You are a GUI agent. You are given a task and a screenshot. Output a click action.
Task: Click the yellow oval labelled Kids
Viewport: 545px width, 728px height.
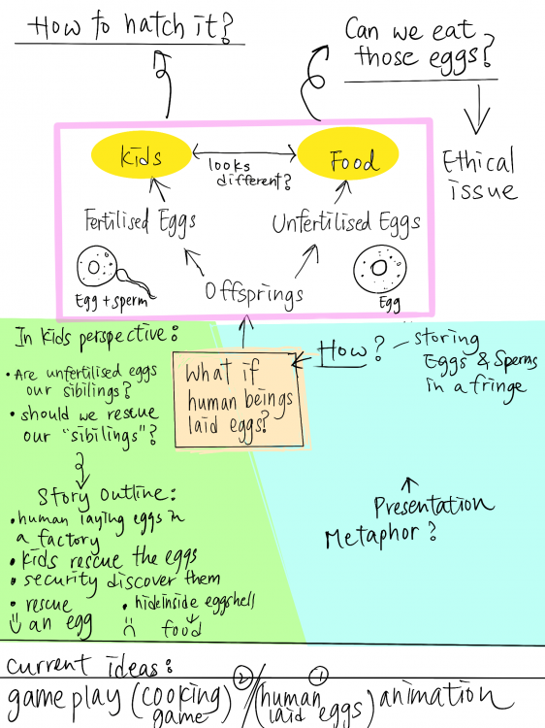(141, 155)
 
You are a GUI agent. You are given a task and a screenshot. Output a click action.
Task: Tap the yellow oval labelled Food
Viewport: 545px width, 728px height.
(348, 154)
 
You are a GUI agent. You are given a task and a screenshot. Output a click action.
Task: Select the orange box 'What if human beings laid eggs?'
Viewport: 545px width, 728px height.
(239, 400)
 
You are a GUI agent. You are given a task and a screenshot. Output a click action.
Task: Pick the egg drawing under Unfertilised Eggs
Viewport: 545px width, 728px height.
(380, 269)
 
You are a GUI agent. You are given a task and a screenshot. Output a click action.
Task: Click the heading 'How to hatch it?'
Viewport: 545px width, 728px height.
(130, 27)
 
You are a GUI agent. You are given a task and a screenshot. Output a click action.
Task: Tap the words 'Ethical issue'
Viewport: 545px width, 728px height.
(480, 176)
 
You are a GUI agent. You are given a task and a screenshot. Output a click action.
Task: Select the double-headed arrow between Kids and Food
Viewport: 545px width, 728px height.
(244, 151)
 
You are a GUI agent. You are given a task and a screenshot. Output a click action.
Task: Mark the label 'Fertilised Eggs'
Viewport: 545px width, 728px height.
(140, 221)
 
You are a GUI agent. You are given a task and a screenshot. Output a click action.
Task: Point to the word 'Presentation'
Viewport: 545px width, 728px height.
(433, 506)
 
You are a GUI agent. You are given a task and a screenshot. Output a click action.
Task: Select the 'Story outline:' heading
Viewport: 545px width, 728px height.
(107, 496)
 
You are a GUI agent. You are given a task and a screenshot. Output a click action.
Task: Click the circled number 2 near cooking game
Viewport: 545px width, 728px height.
(241, 677)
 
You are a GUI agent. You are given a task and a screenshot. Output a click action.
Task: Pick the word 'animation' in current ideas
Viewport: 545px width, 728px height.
(445, 696)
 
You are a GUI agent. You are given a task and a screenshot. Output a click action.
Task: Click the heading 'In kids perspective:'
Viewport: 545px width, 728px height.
(96, 336)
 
